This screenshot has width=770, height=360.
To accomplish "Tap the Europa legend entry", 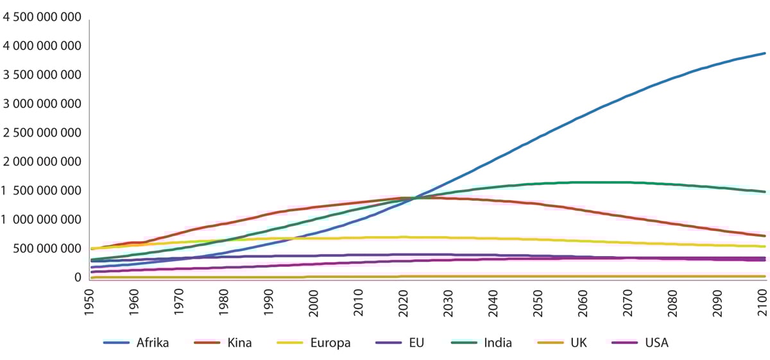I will point(330,343).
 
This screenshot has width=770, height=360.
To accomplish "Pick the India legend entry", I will point(498,343).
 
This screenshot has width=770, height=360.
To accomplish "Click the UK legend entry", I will point(579,343).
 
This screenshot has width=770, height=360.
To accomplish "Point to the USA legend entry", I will point(656,343).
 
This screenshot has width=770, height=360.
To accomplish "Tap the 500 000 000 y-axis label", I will point(48,248).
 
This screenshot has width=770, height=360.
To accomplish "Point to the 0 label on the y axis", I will point(77,277).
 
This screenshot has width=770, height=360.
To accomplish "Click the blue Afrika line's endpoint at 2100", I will point(764,53).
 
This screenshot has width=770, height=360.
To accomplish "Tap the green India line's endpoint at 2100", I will point(764,192).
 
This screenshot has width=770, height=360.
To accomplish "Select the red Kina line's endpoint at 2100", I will point(764,236).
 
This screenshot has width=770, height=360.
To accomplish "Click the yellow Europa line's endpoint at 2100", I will point(764,246).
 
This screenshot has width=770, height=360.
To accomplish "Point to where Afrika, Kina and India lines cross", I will point(408,198).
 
